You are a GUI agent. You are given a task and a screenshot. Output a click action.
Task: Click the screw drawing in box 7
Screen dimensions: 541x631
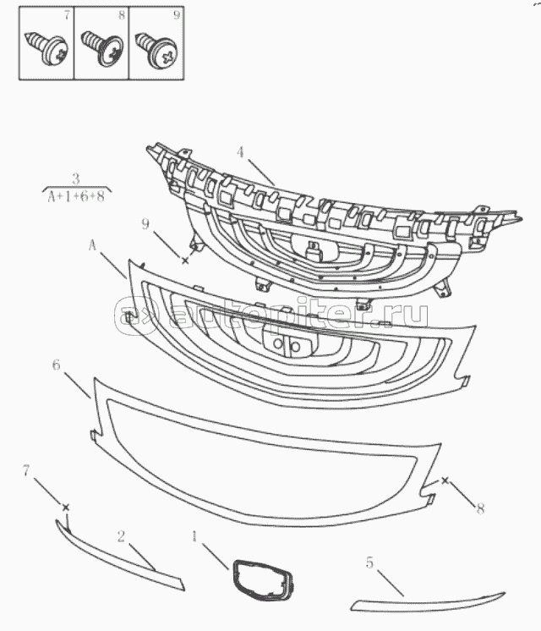click(x=46, y=48)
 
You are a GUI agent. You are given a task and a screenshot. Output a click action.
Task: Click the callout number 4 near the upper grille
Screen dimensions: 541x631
click(x=240, y=152)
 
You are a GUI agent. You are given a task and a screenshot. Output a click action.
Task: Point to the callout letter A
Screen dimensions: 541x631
click(x=92, y=245)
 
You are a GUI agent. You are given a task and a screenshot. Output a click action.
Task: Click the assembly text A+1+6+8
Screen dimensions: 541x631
click(x=76, y=197)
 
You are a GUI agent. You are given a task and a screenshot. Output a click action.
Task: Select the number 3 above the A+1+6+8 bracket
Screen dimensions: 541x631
click(x=76, y=178)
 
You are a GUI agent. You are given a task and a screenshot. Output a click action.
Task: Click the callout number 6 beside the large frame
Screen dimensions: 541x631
click(x=57, y=365)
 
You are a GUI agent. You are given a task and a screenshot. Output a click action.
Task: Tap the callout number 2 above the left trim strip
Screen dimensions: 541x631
click(x=121, y=536)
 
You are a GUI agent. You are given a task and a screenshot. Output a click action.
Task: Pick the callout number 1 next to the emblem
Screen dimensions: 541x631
click(x=194, y=536)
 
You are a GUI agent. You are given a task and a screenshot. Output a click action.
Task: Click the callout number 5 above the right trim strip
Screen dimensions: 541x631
click(x=369, y=562)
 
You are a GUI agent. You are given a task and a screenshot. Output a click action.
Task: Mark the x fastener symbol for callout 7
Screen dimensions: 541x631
click(x=66, y=508)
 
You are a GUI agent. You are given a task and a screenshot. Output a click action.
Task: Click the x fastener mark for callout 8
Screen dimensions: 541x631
click(x=445, y=480)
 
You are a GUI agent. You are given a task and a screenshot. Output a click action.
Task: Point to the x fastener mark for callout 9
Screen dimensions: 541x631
click(x=185, y=261)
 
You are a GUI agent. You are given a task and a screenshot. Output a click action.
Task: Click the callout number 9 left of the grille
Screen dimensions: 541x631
click(x=145, y=224)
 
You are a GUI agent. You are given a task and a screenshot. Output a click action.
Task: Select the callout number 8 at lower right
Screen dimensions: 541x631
click(x=480, y=508)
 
